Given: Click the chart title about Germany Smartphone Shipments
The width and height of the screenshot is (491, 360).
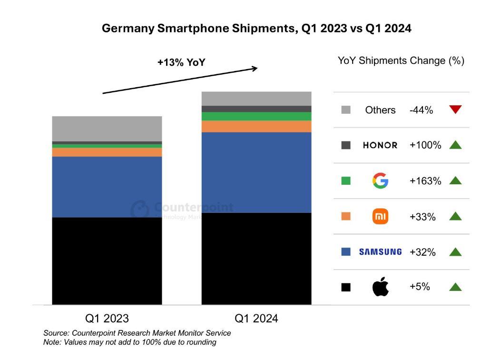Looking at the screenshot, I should pyautogui.click(x=256, y=29).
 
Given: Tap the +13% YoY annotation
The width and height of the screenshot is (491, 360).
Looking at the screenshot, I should pyautogui.click(x=181, y=62).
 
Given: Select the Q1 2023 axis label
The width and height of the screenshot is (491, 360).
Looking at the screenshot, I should pyautogui.click(x=107, y=318).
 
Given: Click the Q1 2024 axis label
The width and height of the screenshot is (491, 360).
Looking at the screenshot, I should pyautogui.click(x=256, y=318).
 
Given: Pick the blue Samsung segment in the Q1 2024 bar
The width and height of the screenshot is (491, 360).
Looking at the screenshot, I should pyautogui.click(x=256, y=172).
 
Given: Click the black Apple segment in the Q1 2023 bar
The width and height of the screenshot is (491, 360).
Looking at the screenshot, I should pyautogui.click(x=107, y=260).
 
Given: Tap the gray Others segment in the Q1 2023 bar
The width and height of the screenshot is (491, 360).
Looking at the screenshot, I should pyautogui.click(x=107, y=129).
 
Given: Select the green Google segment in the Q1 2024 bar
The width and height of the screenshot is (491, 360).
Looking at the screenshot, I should pyautogui.click(x=256, y=116).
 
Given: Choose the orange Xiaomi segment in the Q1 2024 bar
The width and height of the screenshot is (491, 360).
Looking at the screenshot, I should pyautogui.click(x=256, y=126).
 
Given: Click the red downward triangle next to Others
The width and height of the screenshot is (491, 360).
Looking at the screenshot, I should pyautogui.click(x=455, y=110).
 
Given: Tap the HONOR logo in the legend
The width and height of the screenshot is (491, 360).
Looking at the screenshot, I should pyautogui.click(x=380, y=145).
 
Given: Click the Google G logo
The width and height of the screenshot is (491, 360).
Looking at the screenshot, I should pyautogui.click(x=380, y=181).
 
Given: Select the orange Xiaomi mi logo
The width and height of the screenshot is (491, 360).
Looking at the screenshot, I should pyautogui.click(x=380, y=217).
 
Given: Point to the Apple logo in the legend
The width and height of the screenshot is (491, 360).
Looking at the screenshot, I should pyautogui.click(x=380, y=287).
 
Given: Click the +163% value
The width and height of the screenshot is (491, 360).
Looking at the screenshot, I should pyautogui.click(x=425, y=181).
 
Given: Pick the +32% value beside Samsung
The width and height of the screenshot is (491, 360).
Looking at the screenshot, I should pyautogui.click(x=422, y=252).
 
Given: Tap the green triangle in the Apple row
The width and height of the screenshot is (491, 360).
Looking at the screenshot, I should pyautogui.click(x=455, y=287).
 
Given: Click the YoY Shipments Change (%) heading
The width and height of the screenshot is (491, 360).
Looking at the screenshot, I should pyautogui.click(x=401, y=60).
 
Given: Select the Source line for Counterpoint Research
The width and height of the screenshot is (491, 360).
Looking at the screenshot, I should pyautogui.click(x=137, y=333).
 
